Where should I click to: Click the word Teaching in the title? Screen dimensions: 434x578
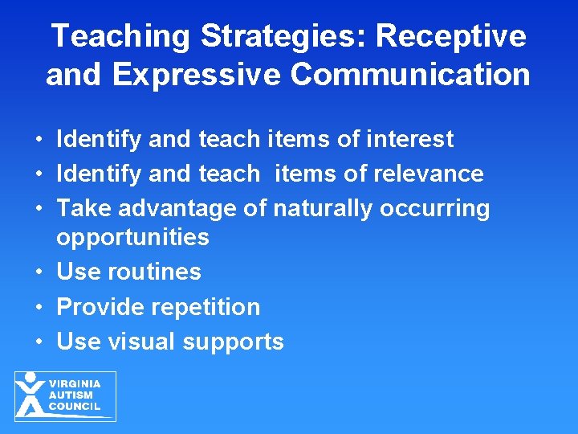point(121,37)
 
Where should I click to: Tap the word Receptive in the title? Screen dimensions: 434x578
point(452,37)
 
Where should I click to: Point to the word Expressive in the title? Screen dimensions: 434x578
point(198,75)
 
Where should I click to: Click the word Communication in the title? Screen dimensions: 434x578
point(410,75)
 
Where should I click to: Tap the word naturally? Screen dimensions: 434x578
point(323,208)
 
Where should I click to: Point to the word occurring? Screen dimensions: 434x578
point(434,208)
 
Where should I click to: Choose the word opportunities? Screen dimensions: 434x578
point(132,238)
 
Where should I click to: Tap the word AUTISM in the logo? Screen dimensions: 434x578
point(71,395)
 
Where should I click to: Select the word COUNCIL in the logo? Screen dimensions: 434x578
point(75,407)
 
